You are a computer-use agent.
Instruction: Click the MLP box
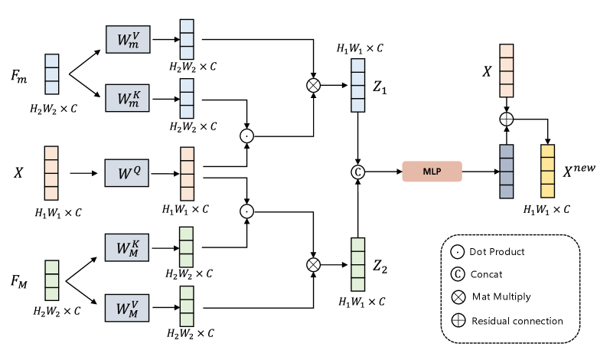click(x=432, y=172)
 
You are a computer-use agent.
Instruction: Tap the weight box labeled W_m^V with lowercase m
click(x=127, y=39)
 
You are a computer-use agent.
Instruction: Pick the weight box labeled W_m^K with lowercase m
click(x=127, y=98)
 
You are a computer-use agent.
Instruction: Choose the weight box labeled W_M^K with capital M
click(x=127, y=247)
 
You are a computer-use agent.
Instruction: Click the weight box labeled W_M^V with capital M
click(x=127, y=307)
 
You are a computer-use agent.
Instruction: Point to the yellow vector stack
click(x=547, y=171)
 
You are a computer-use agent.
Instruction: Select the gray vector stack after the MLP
click(x=506, y=171)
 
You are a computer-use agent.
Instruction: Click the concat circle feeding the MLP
click(x=357, y=172)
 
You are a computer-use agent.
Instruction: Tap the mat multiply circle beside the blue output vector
click(x=313, y=85)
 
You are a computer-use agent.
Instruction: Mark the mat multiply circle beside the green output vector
click(x=313, y=264)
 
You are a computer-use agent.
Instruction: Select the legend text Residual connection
click(x=517, y=321)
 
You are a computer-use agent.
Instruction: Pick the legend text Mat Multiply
click(x=501, y=297)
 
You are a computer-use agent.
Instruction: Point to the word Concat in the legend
click(x=488, y=274)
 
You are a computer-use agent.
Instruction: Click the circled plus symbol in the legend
click(x=458, y=321)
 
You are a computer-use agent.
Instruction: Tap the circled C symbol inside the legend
click(x=458, y=274)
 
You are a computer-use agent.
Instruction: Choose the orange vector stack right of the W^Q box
click(x=187, y=174)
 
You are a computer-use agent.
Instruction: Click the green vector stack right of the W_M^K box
click(x=186, y=247)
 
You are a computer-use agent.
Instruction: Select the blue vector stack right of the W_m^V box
click(x=187, y=39)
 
